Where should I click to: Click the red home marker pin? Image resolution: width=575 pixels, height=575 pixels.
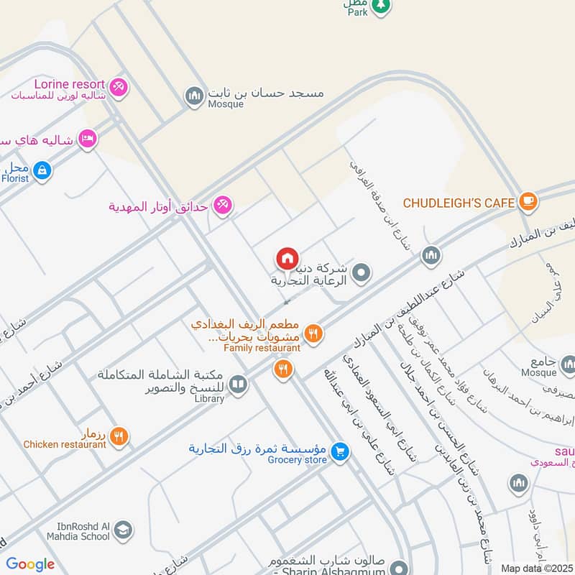point(287,258)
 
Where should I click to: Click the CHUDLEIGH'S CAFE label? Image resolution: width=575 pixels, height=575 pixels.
point(459,203)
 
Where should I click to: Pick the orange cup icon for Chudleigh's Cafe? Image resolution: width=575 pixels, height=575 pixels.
point(528,202)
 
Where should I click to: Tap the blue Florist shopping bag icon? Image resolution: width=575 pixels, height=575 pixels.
point(42,170)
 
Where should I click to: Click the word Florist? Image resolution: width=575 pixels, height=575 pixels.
point(15,178)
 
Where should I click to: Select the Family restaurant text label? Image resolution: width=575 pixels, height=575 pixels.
point(262,348)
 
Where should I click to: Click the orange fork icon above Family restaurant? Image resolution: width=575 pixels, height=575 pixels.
point(313,333)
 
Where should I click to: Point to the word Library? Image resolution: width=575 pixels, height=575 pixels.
point(209,399)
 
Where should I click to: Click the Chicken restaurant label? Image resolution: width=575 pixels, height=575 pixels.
point(65,445)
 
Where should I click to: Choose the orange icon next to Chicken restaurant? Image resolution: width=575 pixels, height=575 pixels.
point(120,436)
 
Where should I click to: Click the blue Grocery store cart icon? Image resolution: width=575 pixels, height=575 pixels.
point(341,451)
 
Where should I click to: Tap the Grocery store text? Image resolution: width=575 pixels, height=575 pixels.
point(297,460)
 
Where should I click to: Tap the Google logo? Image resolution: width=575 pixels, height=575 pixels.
point(30,564)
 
